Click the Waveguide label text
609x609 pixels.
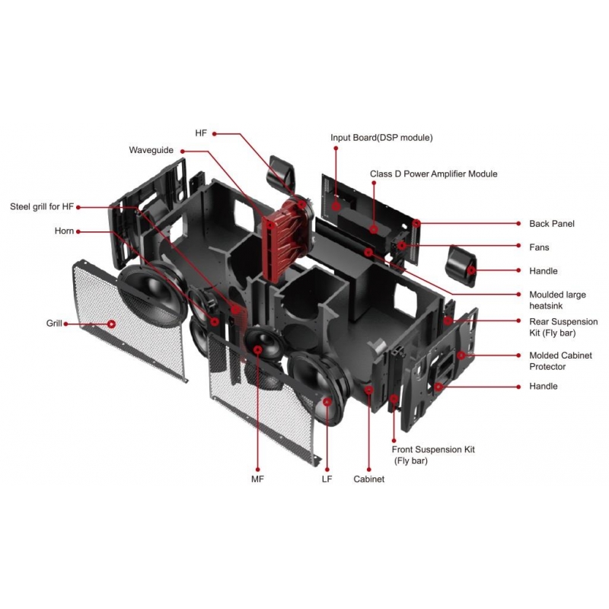[x=151, y=150]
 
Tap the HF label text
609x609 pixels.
[x=201, y=133]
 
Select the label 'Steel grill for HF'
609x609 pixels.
[x=42, y=206]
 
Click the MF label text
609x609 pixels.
[x=257, y=480]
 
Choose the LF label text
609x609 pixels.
[x=327, y=480]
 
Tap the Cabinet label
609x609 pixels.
[x=368, y=480]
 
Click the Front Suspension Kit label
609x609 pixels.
[x=433, y=454]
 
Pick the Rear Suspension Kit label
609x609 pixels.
[x=563, y=327]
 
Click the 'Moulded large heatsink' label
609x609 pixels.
[x=557, y=299]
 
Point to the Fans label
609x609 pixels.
[x=539, y=247]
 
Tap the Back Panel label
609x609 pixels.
[x=552, y=224]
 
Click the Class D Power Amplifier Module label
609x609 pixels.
[x=433, y=174]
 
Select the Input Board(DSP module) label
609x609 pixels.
[x=381, y=138]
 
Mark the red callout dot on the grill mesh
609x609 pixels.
[x=112, y=324]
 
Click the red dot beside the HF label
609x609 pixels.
[x=215, y=133]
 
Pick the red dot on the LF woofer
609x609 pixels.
[x=327, y=400]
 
